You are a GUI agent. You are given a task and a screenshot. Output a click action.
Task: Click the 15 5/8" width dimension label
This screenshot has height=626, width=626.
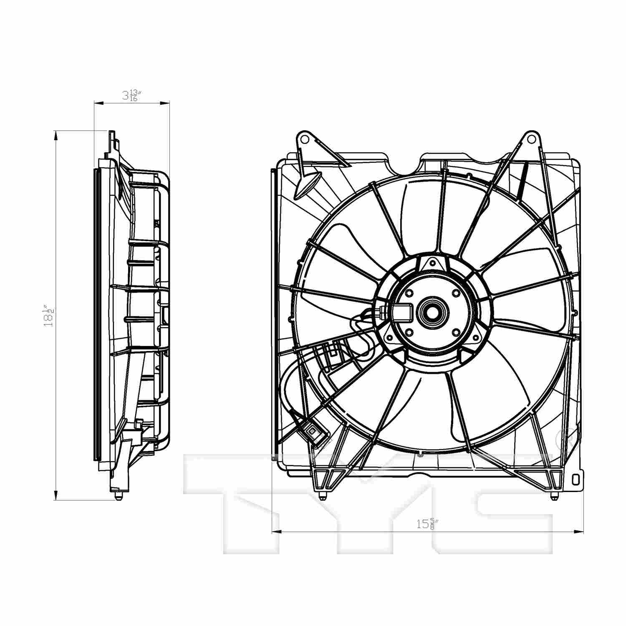pyautogui.click(x=428, y=524)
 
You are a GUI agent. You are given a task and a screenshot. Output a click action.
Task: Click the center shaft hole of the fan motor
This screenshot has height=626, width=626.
pyautogui.click(x=434, y=311)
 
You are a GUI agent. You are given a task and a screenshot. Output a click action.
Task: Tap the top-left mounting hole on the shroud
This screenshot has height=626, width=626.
pyautogui.click(x=304, y=138)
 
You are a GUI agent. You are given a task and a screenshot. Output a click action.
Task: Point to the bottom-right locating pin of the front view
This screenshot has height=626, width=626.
pyautogui.click(x=553, y=496)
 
